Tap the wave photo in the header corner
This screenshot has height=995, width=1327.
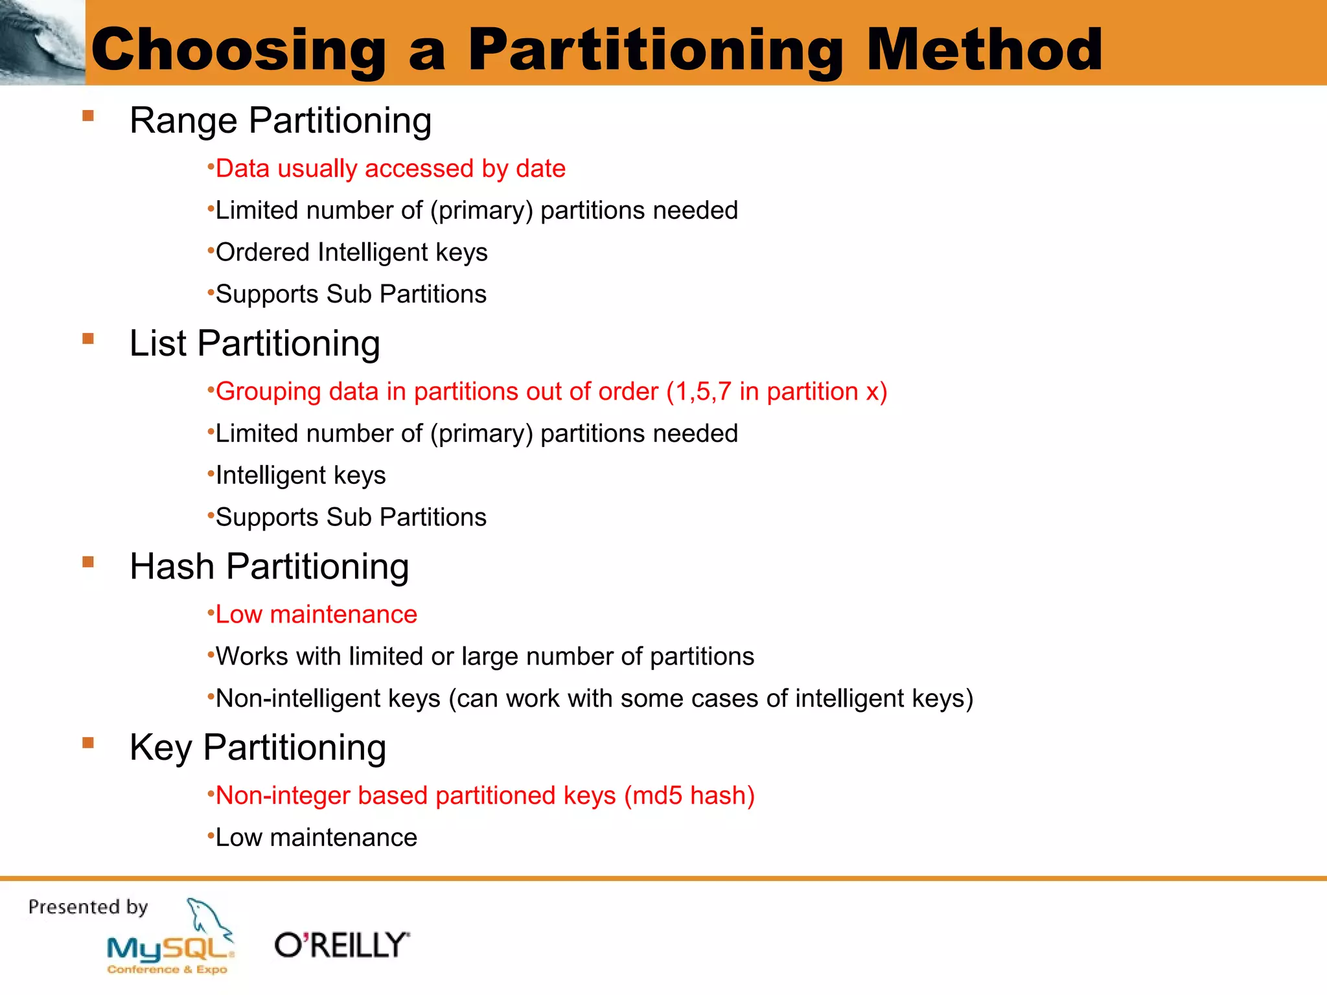click(x=42, y=42)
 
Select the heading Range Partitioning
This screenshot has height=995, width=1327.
click(x=280, y=120)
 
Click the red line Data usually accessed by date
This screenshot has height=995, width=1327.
click(x=390, y=168)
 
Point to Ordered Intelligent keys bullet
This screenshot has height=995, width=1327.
click(x=351, y=252)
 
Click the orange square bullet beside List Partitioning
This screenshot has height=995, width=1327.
click(x=88, y=339)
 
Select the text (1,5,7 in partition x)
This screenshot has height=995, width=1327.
click(x=776, y=391)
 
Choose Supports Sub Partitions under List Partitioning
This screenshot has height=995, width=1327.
click(x=351, y=517)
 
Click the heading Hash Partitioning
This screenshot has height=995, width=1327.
click(x=269, y=566)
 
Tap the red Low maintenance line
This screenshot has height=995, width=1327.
click(x=316, y=614)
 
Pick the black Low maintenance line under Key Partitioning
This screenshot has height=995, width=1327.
click(x=316, y=838)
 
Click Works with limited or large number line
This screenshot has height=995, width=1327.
click(x=484, y=656)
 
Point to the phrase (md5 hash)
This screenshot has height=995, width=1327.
click(x=689, y=795)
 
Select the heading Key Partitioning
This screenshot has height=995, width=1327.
click(x=257, y=747)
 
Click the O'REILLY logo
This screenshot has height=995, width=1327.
click(x=341, y=945)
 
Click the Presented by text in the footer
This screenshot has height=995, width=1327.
click(x=88, y=906)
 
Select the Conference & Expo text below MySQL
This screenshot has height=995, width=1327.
click(x=167, y=969)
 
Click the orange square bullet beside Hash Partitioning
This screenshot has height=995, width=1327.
click(x=88, y=562)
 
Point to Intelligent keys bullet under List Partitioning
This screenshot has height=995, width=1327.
click(x=300, y=475)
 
